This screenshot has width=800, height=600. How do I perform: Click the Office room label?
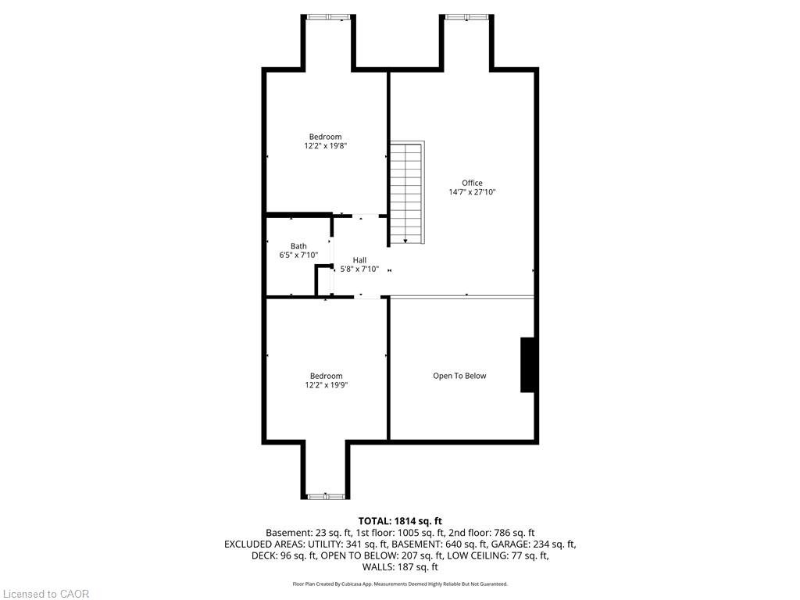pyautogui.click(x=472, y=183)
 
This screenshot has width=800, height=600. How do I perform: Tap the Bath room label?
pyautogui.click(x=298, y=246)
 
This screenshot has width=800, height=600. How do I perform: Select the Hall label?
pyautogui.click(x=359, y=259)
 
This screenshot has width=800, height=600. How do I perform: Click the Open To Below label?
pyautogui.click(x=459, y=376)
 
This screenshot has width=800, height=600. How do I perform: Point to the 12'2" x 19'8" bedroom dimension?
pyautogui.click(x=326, y=145)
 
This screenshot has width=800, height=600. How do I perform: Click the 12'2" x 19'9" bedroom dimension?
pyautogui.click(x=326, y=384)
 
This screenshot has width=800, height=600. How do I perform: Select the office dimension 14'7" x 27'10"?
pyautogui.click(x=472, y=192)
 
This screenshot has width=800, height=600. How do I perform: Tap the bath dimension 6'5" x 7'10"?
pyautogui.click(x=298, y=255)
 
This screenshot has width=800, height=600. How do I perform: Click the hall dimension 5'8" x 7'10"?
pyautogui.click(x=359, y=269)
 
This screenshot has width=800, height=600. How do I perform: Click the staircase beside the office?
pyautogui.click(x=407, y=193)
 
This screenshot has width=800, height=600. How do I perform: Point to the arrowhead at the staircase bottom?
pyautogui.click(x=405, y=241)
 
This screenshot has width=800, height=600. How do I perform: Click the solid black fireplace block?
pyautogui.click(x=527, y=365)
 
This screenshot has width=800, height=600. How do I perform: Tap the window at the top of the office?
pyautogui.click(x=466, y=17)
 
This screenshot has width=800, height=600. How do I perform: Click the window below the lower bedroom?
pyautogui.click(x=326, y=496)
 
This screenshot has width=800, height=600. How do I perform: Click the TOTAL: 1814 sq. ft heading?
pyautogui.click(x=400, y=521)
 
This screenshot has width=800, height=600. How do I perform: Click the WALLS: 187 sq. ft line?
pyautogui.click(x=400, y=566)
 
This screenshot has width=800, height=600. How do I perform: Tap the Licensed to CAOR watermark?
pyautogui.click(x=46, y=594)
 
